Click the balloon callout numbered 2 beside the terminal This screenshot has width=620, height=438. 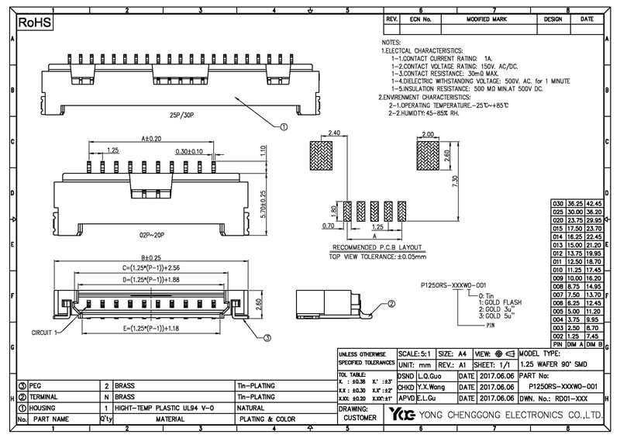tap(391, 305)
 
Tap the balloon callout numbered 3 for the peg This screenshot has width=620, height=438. tap(267, 337)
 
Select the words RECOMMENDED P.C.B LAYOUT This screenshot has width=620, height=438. tap(368, 247)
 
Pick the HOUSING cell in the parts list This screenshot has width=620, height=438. tap(46, 407)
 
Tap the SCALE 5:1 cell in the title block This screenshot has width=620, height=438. tap(415, 353)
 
